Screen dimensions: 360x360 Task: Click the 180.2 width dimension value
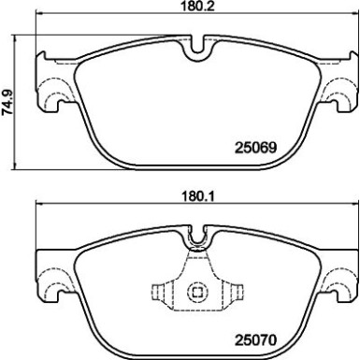coord(197,6)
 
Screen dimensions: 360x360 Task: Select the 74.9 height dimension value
coord(7,102)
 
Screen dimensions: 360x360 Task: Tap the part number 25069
coord(255,148)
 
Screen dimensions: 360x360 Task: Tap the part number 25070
coord(255,339)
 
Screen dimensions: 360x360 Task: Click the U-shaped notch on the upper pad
coord(197,50)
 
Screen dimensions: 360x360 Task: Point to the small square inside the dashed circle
coord(197,293)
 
